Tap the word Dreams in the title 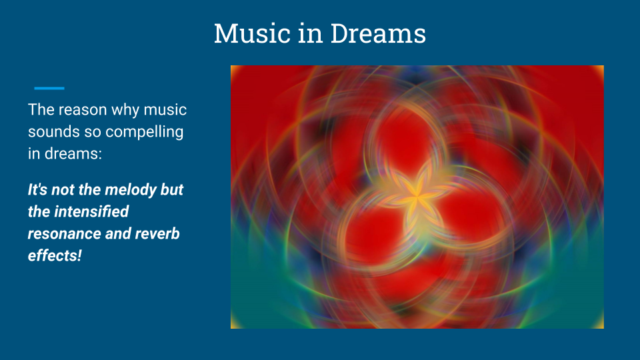[x=378, y=33]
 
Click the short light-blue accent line [x=49, y=88]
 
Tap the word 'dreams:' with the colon [x=73, y=154]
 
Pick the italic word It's [x=37, y=190]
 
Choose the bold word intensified [x=91, y=212]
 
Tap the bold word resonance [x=65, y=234]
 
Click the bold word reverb [x=157, y=234]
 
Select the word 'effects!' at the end [x=55, y=256]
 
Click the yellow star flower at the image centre [x=416, y=197]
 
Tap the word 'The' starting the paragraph [x=41, y=110]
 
